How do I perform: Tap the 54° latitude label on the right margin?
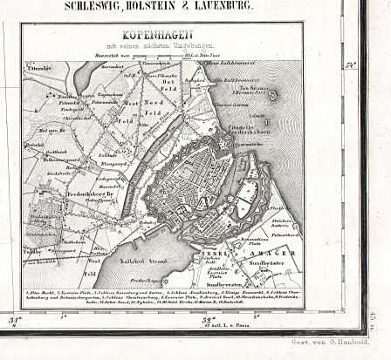tap(352, 65)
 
